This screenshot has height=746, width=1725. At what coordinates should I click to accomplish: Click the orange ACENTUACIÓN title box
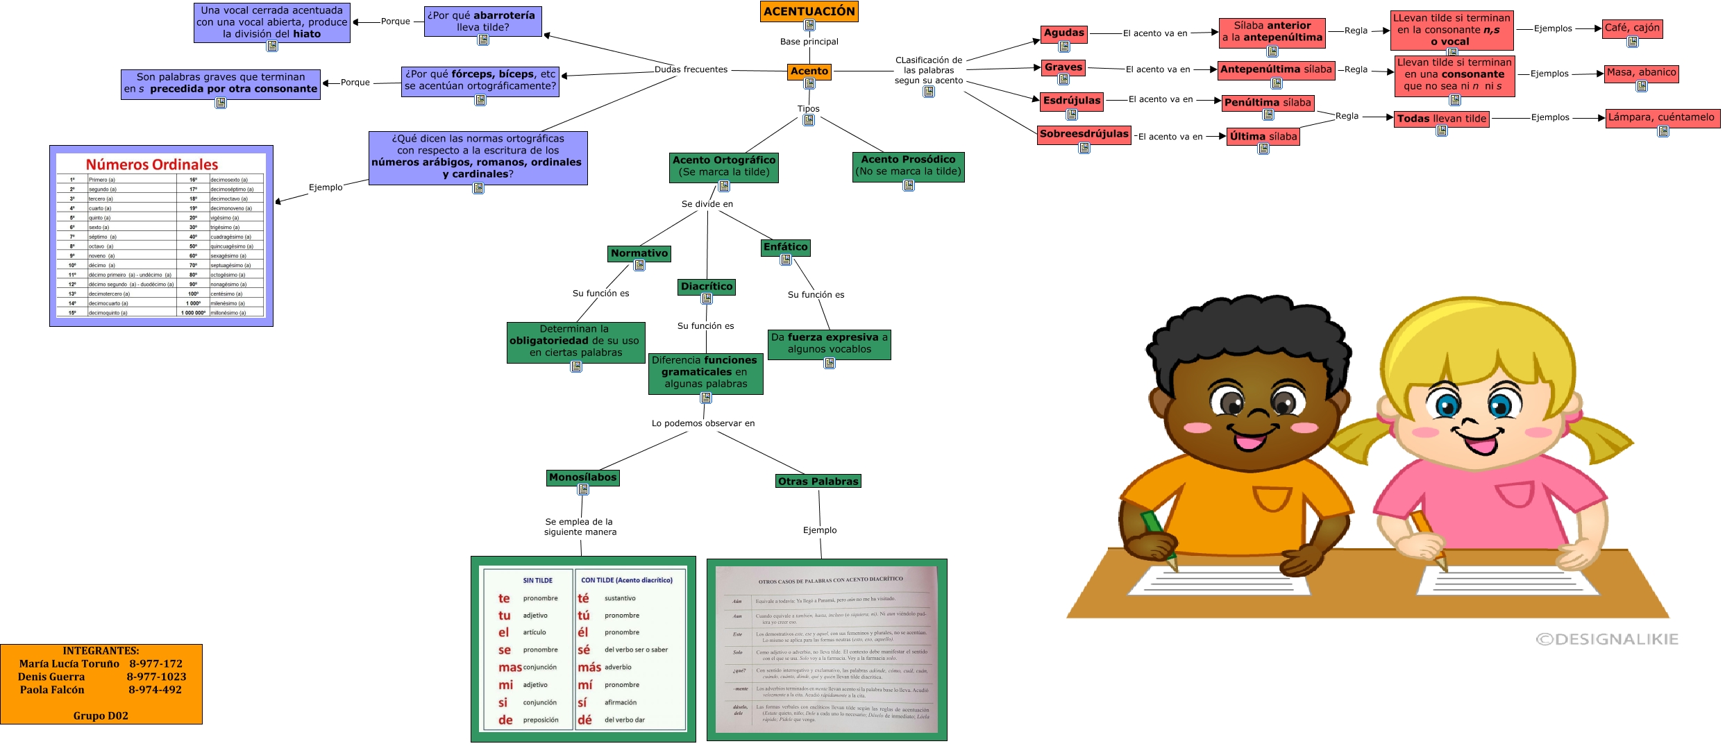[x=809, y=11]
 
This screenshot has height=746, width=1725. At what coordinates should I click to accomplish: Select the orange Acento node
[x=809, y=71]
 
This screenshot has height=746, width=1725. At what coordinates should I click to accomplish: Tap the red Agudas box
[x=1063, y=33]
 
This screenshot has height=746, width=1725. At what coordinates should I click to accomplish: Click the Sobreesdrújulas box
[x=1084, y=134]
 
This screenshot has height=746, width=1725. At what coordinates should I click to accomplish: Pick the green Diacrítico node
[x=707, y=286]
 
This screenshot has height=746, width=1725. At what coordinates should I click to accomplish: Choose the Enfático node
[x=785, y=247]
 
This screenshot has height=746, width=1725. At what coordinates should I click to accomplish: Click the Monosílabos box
[x=582, y=477]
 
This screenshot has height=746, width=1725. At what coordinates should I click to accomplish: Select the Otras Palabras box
[x=818, y=481]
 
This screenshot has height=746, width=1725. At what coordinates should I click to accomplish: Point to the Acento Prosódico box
[x=908, y=165]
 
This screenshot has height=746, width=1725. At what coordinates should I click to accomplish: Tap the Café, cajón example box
[x=1632, y=28]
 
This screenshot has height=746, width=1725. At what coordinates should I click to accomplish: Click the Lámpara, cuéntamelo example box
[x=1661, y=117]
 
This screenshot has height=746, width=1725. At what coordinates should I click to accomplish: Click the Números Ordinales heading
[x=152, y=164]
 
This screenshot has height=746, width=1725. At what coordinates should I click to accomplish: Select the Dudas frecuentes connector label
[x=691, y=69]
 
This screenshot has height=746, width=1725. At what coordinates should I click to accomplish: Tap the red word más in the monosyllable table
[x=589, y=668]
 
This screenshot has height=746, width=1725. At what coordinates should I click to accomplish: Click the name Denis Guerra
[x=51, y=677]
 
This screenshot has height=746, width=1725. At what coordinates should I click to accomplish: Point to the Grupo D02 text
[x=101, y=715]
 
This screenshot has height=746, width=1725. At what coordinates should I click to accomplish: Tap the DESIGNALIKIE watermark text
[x=1607, y=639]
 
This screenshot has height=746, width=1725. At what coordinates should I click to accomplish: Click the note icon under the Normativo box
[x=639, y=266]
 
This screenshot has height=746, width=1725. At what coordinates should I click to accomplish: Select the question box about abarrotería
[x=482, y=21]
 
